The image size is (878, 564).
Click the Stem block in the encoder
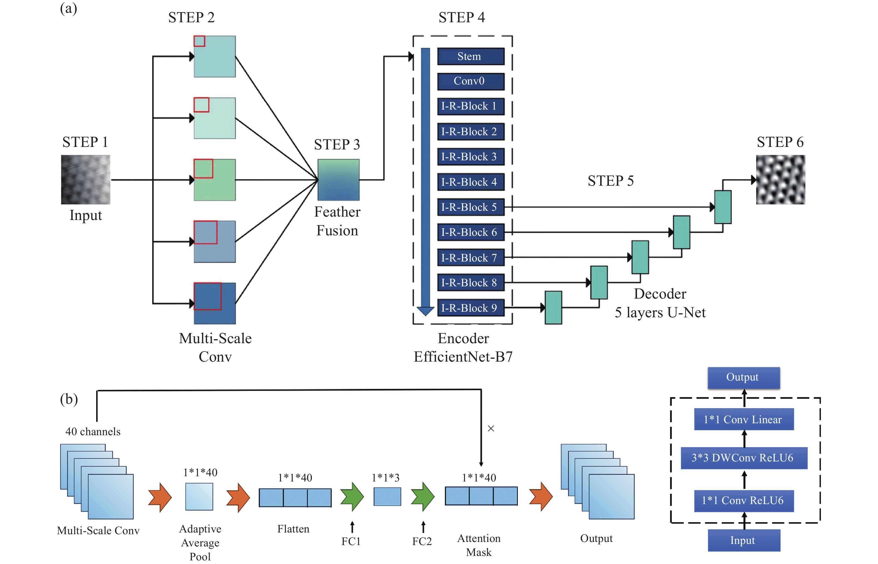pyautogui.click(x=470, y=56)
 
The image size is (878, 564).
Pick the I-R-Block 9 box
pyautogui.click(x=470, y=308)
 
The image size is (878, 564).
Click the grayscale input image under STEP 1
pyautogui.click(x=85, y=180)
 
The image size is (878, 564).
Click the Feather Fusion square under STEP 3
pyautogui.click(x=338, y=180)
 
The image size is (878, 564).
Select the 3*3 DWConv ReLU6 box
pyautogui.click(x=744, y=458)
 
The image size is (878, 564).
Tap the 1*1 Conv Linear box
pyautogui.click(x=744, y=419)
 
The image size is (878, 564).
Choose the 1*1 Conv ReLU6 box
pyautogui.click(x=744, y=501)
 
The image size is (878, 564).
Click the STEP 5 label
pyautogui.click(x=610, y=181)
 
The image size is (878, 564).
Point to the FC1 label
pyautogui.click(x=351, y=541)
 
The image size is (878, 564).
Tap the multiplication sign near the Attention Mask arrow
pyautogui.click(x=491, y=429)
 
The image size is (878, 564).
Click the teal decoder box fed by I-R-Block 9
pyautogui.click(x=553, y=308)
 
